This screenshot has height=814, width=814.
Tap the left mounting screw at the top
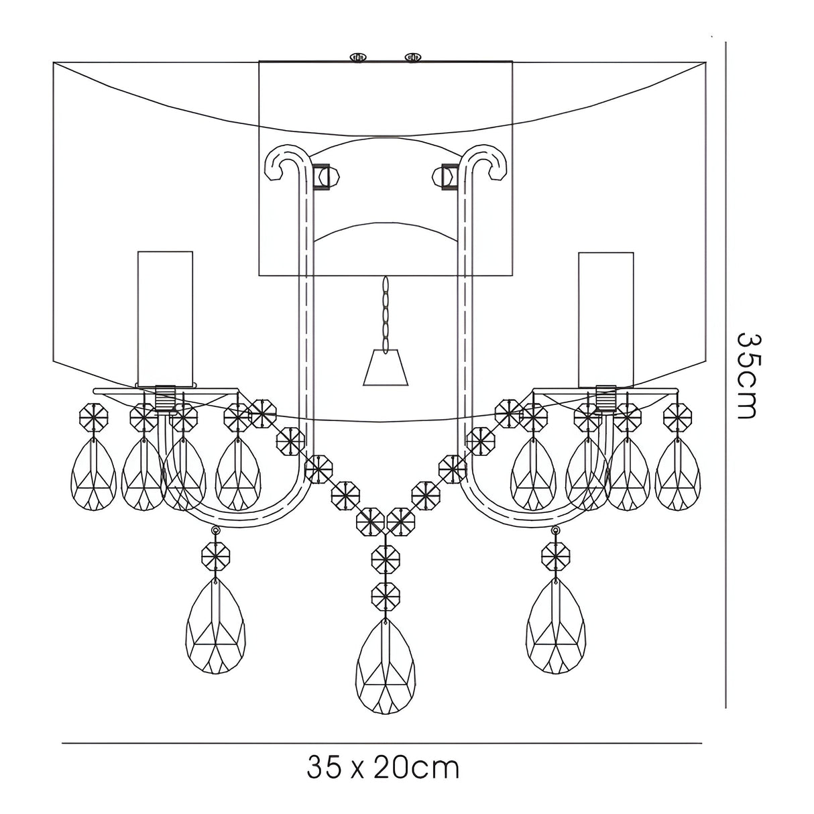coord(359,58)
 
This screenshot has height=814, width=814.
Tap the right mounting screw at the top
coord(412,58)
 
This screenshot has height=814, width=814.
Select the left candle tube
coord(165,318)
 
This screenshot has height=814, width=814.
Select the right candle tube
coord(605,318)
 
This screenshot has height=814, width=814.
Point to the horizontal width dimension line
coord(382,743)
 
